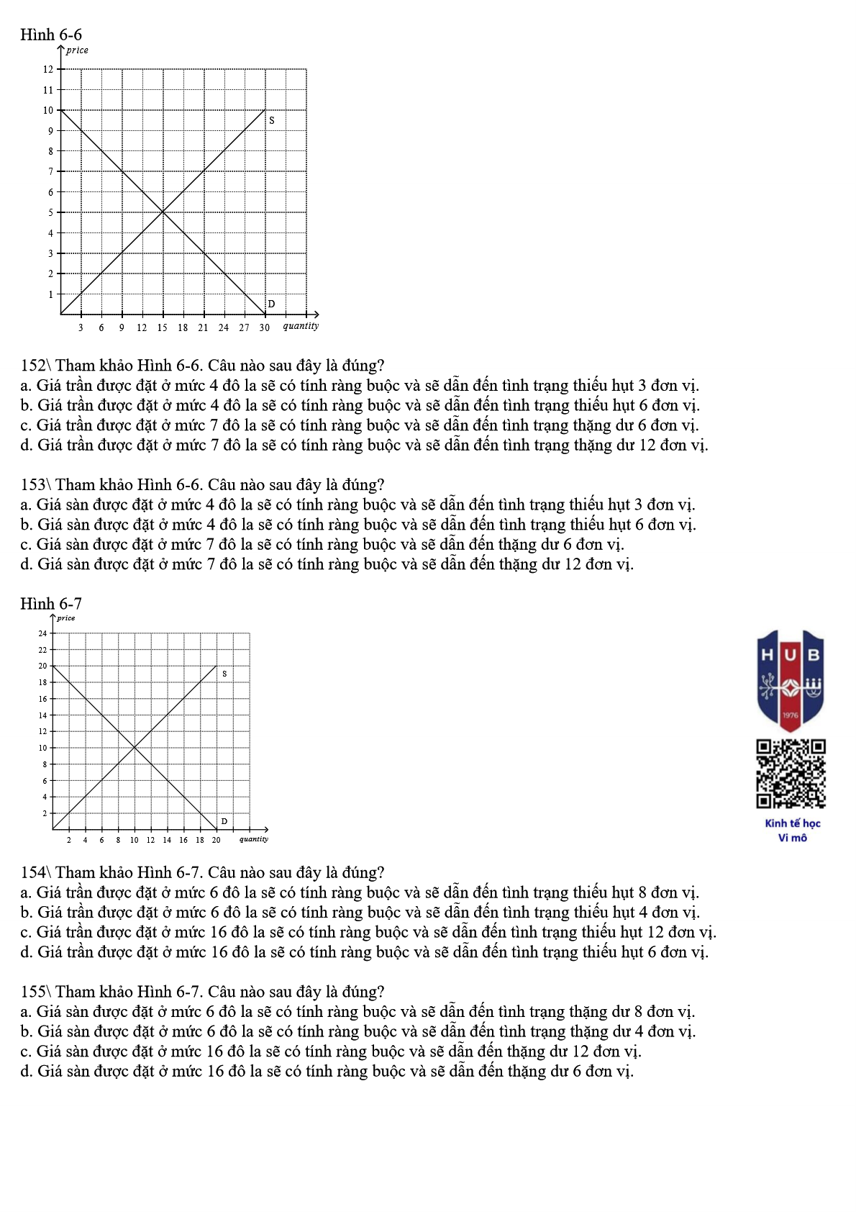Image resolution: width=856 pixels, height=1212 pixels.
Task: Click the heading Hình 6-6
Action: pos(51,35)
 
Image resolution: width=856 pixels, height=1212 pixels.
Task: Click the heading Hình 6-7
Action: pos(51,604)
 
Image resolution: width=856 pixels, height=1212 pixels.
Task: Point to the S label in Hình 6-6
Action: pos(272,120)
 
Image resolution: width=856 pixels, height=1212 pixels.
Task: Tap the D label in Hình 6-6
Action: pos(271,304)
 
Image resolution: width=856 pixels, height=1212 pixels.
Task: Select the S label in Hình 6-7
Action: pos(224,674)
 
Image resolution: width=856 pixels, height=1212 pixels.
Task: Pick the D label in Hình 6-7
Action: pos(224,821)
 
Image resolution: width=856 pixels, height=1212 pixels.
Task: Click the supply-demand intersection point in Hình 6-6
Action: pos(163,212)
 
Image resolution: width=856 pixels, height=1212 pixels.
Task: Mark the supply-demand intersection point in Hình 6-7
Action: pos(135,748)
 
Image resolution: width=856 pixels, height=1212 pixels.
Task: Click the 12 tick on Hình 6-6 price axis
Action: pos(48,69)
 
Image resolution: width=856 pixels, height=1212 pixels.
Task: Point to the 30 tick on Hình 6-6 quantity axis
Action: pos(265,327)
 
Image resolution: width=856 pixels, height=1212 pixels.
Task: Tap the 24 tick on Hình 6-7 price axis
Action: pos(42,634)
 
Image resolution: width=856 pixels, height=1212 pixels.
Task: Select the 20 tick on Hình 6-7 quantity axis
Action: pos(216,840)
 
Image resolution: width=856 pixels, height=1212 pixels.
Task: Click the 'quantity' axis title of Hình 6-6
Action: pos(301,326)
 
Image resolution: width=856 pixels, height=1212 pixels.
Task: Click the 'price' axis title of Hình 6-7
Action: pos(66,618)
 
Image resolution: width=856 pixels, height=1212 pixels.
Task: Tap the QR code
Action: pos(791,774)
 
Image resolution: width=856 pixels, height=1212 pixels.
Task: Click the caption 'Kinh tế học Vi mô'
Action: pos(792,831)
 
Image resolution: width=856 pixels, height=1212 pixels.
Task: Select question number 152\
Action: pos(35,366)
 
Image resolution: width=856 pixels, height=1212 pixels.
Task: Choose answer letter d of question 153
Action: pos(26,564)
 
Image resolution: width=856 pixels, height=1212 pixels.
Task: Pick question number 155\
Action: pos(35,992)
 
